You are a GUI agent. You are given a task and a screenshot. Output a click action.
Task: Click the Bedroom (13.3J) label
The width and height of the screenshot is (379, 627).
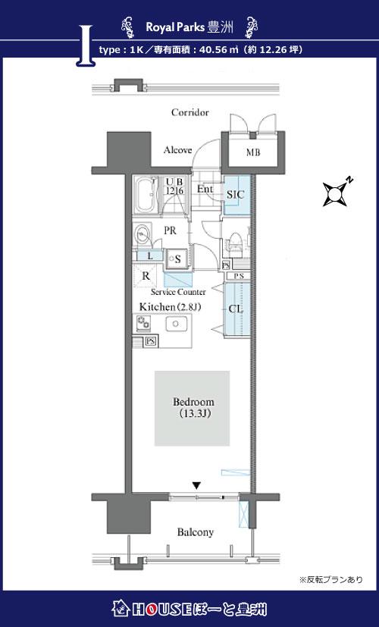193,407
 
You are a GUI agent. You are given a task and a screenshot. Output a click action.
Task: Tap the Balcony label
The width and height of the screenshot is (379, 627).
196,532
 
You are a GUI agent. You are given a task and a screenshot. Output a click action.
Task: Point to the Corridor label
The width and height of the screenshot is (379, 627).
190,112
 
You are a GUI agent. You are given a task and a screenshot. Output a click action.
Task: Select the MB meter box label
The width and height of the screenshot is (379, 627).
252,152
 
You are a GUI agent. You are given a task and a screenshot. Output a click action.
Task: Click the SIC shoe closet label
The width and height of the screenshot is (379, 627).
235,195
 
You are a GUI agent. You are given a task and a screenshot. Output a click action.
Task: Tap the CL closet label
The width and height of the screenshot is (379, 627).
236,309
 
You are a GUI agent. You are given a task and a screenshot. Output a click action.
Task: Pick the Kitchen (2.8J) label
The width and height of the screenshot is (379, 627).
170,307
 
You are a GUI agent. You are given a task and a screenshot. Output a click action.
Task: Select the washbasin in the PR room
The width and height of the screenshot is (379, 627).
141,234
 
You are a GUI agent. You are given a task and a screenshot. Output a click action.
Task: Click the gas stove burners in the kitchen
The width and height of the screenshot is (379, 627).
143,323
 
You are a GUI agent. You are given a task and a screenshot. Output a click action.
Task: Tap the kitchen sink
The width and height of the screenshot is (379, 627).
177,324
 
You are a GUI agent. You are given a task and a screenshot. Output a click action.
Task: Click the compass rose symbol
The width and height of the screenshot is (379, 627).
336,193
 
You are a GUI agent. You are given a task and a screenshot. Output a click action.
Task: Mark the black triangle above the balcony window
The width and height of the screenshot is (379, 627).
196,485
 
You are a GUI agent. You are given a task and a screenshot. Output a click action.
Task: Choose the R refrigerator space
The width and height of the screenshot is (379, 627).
146,275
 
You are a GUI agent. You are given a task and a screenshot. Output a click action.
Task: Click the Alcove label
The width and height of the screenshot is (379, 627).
177,150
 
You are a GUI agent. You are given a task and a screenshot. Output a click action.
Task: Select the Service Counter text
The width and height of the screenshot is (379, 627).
178,292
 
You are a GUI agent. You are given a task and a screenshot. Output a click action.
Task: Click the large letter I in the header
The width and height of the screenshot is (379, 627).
85,45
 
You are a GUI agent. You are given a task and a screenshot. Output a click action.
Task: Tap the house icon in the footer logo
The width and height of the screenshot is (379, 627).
120,609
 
